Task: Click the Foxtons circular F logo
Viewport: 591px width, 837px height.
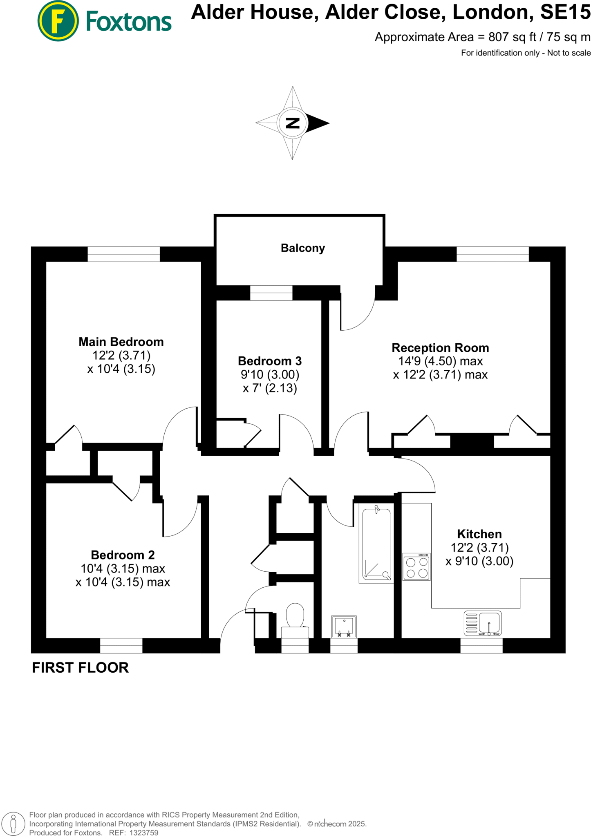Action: [58, 21]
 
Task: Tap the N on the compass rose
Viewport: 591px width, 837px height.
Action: [293, 123]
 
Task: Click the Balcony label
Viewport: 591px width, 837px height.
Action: [302, 248]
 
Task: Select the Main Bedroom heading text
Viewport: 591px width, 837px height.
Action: [121, 342]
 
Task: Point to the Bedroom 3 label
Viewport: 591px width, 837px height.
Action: [270, 361]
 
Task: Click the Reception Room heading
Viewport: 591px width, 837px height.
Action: [440, 348]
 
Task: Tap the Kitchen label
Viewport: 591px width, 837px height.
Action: [479, 534]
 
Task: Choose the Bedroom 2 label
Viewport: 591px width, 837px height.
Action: [123, 555]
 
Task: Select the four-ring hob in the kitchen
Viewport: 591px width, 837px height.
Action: [416, 567]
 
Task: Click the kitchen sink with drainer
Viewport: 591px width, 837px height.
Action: [483, 623]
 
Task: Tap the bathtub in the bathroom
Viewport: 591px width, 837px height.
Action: [376, 543]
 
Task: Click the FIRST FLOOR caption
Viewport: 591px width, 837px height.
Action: [80, 667]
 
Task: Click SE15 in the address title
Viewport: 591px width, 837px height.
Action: [565, 12]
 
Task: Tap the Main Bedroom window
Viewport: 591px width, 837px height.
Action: [123, 254]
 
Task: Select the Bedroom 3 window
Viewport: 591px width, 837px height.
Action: [271, 293]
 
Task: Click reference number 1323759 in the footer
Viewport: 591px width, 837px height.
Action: [143, 833]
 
